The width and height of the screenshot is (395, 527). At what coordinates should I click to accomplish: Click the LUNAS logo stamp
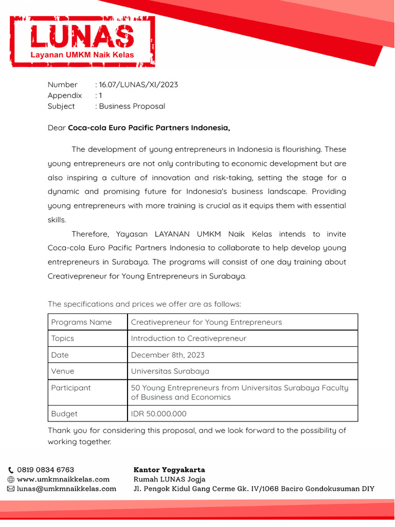coord(82,41)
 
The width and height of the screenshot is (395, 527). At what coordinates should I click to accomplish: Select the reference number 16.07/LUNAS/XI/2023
coord(138,84)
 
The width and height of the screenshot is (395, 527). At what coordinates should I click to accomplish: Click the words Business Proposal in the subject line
coord(132,106)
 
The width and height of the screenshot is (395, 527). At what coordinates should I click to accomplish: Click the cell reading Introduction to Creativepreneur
coord(189,338)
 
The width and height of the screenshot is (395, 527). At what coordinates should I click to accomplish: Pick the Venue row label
coord(63,371)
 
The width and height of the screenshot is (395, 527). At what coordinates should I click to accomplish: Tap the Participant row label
coord(71,388)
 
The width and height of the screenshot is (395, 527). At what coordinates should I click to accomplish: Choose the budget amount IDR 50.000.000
coord(159,413)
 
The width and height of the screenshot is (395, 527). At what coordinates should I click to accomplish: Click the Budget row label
coord(64,413)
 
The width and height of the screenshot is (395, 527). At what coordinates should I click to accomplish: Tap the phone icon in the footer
coord(11,470)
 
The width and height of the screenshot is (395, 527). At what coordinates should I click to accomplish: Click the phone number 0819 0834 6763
coord(46,470)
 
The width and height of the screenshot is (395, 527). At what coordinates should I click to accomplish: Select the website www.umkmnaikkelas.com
coord(63,479)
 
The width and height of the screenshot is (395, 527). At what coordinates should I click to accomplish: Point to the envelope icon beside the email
coord(11,489)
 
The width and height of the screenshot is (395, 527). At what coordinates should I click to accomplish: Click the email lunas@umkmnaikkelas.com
coord(67,488)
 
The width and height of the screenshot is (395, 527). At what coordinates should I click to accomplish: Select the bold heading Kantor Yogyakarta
coord(169,470)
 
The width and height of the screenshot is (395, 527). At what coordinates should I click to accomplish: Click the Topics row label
coord(63,338)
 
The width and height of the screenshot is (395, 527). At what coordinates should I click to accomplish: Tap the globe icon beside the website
coord(11,479)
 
